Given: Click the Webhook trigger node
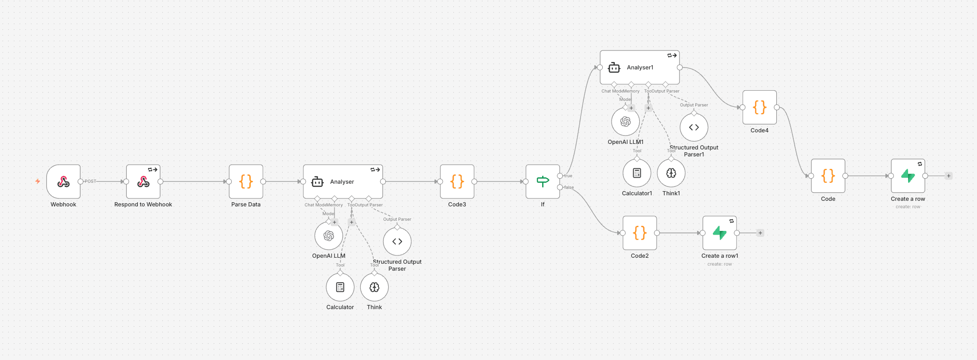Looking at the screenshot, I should click(x=63, y=181).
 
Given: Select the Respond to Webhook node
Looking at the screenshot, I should click(x=143, y=181).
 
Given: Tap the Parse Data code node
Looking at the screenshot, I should click(x=246, y=181).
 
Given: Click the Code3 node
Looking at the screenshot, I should click(x=457, y=181).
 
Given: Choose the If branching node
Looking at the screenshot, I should click(x=543, y=181).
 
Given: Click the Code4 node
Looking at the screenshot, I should click(x=760, y=107).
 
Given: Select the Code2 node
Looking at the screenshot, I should click(x=640, y=233).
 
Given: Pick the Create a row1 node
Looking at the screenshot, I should click(x=720, y=233).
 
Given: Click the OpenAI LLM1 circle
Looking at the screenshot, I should click(x=625, y=122).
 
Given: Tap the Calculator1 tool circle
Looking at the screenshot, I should click(x=637, y=173).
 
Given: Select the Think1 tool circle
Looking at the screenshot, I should click(x=671, y=173).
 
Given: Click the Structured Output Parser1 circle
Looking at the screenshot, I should click(x=694, y=127).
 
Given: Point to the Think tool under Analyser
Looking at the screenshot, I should click(x=374, y=287).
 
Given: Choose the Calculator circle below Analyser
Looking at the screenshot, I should click(x=340, y=287).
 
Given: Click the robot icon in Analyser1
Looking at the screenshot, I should click(x=614, y=68).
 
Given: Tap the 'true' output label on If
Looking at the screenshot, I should click(x=568, y=176).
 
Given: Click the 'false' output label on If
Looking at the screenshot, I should click(x=569, y=187).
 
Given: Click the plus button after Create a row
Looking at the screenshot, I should click(x=949, y=176).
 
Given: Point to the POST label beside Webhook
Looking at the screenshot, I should click(x=90, y=181).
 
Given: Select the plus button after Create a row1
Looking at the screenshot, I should click(x=760, y=233).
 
